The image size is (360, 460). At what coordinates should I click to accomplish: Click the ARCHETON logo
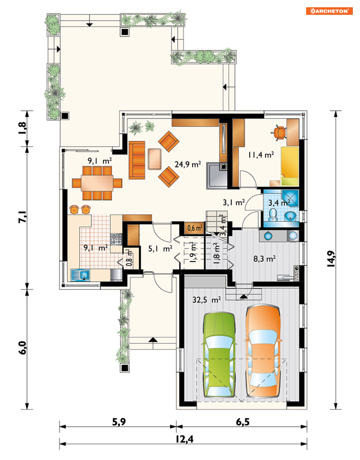click(x=329, y=11)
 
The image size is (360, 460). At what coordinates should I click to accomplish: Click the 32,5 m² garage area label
click(x=207, y=300)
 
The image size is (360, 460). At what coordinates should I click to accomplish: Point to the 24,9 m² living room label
click(x=188, y=164)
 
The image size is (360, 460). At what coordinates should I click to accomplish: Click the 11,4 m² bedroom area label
click(x=261, y=155)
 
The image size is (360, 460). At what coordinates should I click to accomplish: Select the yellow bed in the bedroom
click(x=290, y=166)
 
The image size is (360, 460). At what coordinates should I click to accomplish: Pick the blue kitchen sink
click(x=80, y=275)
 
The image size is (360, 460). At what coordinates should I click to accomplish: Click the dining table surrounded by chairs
click(x=97, y=183)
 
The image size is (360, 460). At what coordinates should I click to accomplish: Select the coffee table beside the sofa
click(x=154, y=159)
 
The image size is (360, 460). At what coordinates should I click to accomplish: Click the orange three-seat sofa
click(x=137, y=160)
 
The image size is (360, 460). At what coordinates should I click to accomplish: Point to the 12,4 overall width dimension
click(x=184, y=439)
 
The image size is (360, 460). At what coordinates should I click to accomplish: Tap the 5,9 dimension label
click(x=119, y=422)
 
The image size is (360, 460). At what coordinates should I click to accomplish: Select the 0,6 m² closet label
click(x=195, y=228)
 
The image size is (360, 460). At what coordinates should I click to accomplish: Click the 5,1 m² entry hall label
click(x=160, y=249)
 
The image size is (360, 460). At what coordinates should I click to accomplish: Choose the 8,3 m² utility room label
click(x=264, y=258)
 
